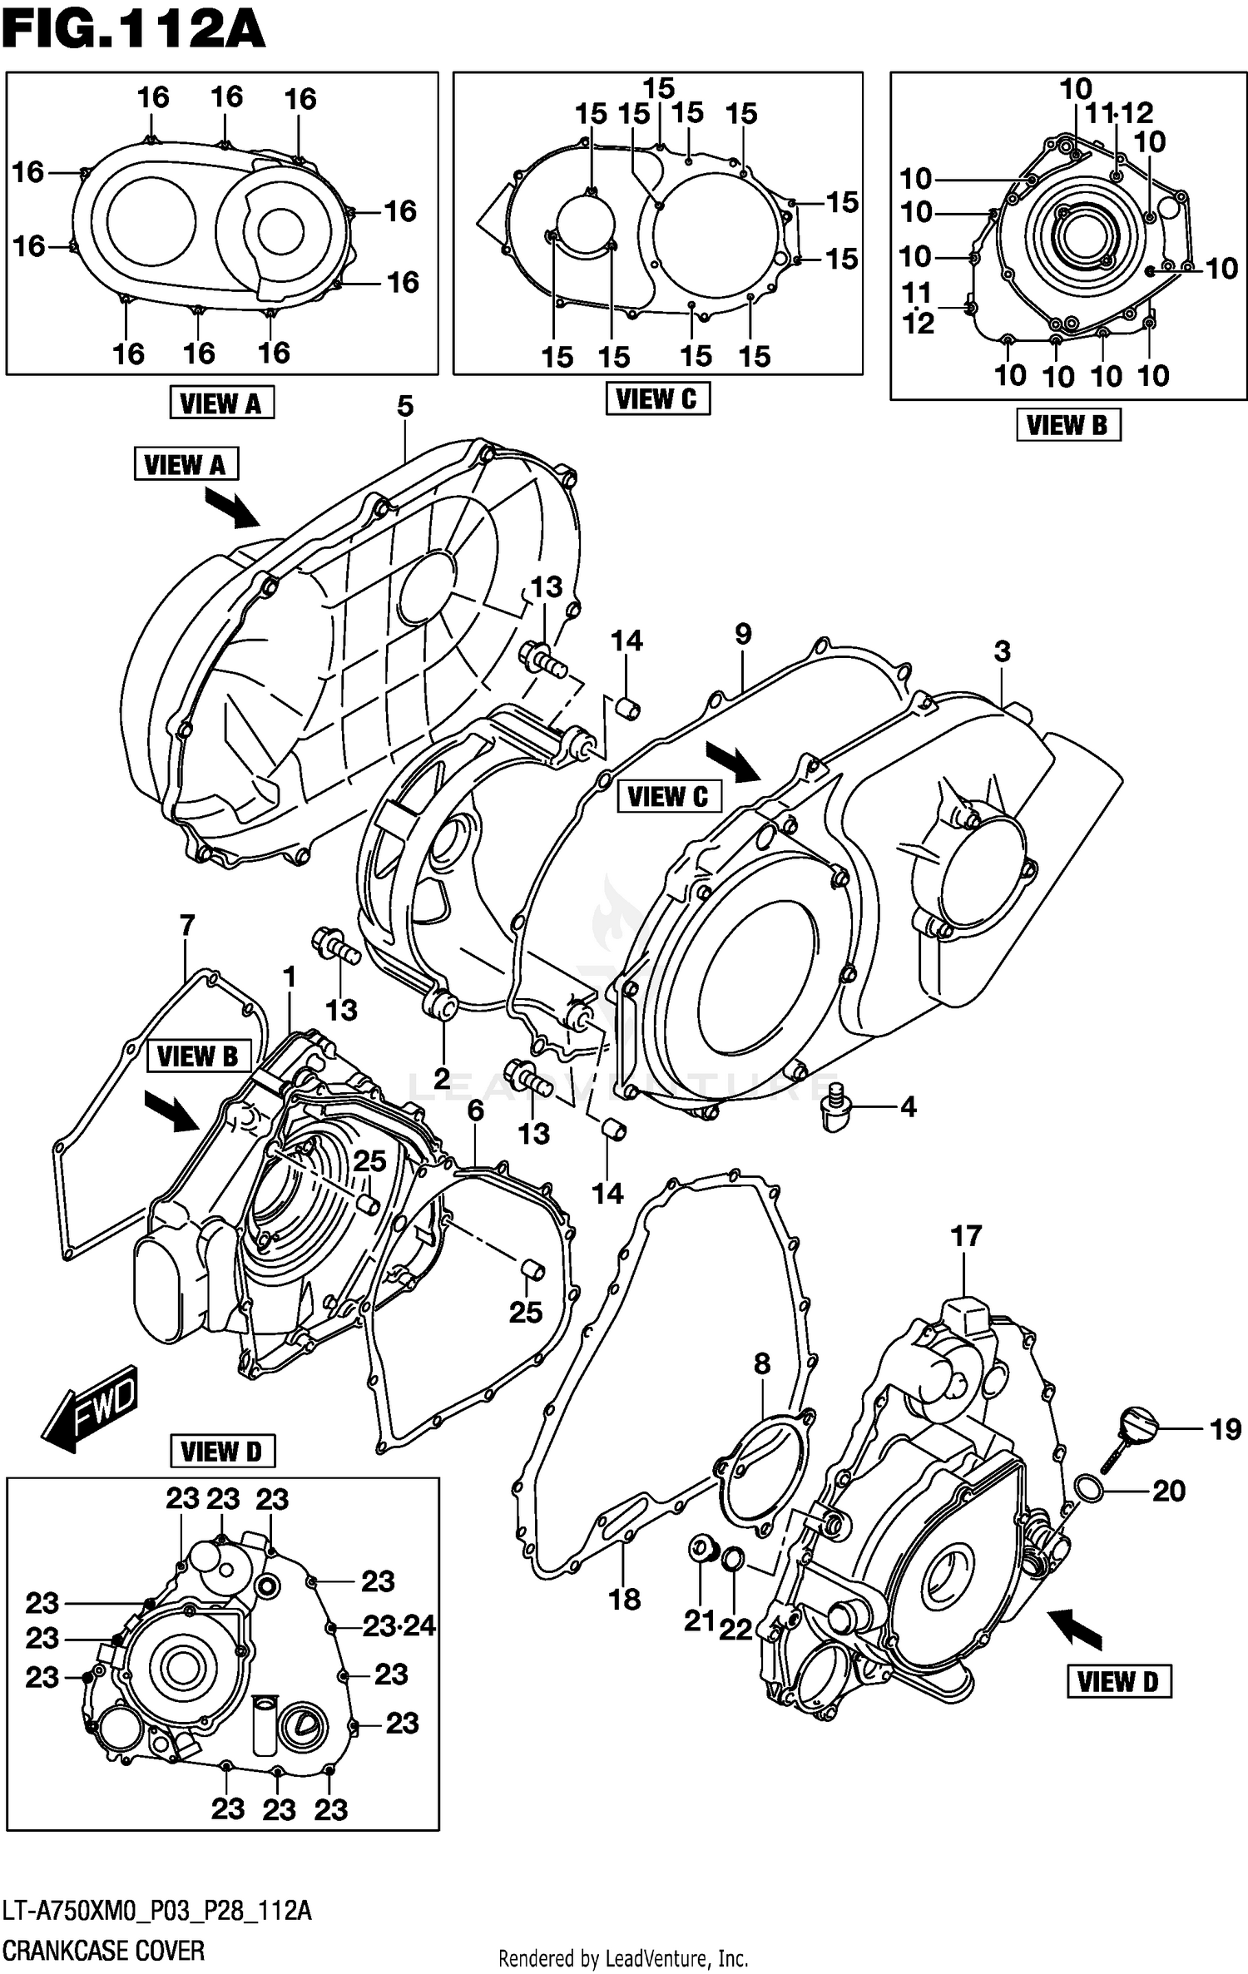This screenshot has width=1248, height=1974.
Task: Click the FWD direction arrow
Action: (90, 1408)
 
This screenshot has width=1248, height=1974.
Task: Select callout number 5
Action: (404, 407)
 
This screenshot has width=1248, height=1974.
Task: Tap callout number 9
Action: (743, 634)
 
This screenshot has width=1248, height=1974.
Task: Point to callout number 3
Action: (1002, 651)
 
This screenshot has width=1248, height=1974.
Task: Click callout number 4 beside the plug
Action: (908, 1106)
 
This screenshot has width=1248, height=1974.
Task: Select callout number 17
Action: (966, 1236)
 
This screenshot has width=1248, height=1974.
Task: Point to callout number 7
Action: (187, 925)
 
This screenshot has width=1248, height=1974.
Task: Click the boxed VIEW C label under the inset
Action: (657, 399)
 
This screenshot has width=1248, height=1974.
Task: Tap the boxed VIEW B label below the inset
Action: (1067, 425)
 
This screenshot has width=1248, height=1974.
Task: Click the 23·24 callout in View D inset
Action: (399, 1625)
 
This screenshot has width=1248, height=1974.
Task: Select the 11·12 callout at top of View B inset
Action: (1119, 112)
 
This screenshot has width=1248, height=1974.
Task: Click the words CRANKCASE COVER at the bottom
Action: (103, 1950)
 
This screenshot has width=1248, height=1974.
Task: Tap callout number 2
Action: (442, 1078)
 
